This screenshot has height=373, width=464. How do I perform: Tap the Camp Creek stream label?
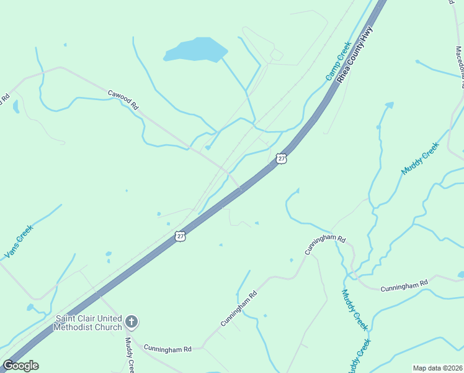click(339, 61)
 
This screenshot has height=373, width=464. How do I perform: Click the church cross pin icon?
click(131, 321)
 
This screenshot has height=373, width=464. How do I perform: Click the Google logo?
click(20, 366)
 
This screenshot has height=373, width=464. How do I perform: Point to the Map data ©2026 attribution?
click(437, 368)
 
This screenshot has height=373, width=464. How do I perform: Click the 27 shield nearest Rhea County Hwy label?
click(282, 159)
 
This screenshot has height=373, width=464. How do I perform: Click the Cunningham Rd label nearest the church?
click(167, 349)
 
